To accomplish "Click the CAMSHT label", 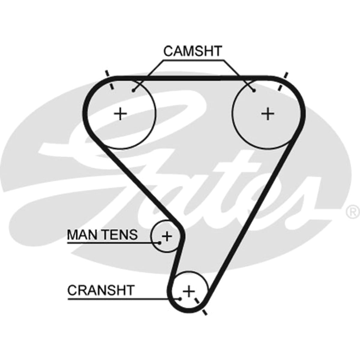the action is tap(193, 51).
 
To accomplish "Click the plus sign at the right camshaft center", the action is tap(268, 114).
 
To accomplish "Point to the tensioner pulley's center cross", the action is tap(167, 236).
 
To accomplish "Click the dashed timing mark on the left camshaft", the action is tap(109, 80).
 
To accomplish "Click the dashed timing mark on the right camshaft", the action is tap(283, 82).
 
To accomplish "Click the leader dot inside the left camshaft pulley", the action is tap(133, 91).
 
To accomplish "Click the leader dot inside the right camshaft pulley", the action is tap(254, 91).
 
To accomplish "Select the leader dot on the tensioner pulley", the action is tap(159, 243).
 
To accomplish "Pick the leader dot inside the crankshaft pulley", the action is tap(180, 304).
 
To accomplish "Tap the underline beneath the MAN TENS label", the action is tap(113, 243).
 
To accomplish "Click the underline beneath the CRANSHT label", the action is tap(123, 304).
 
